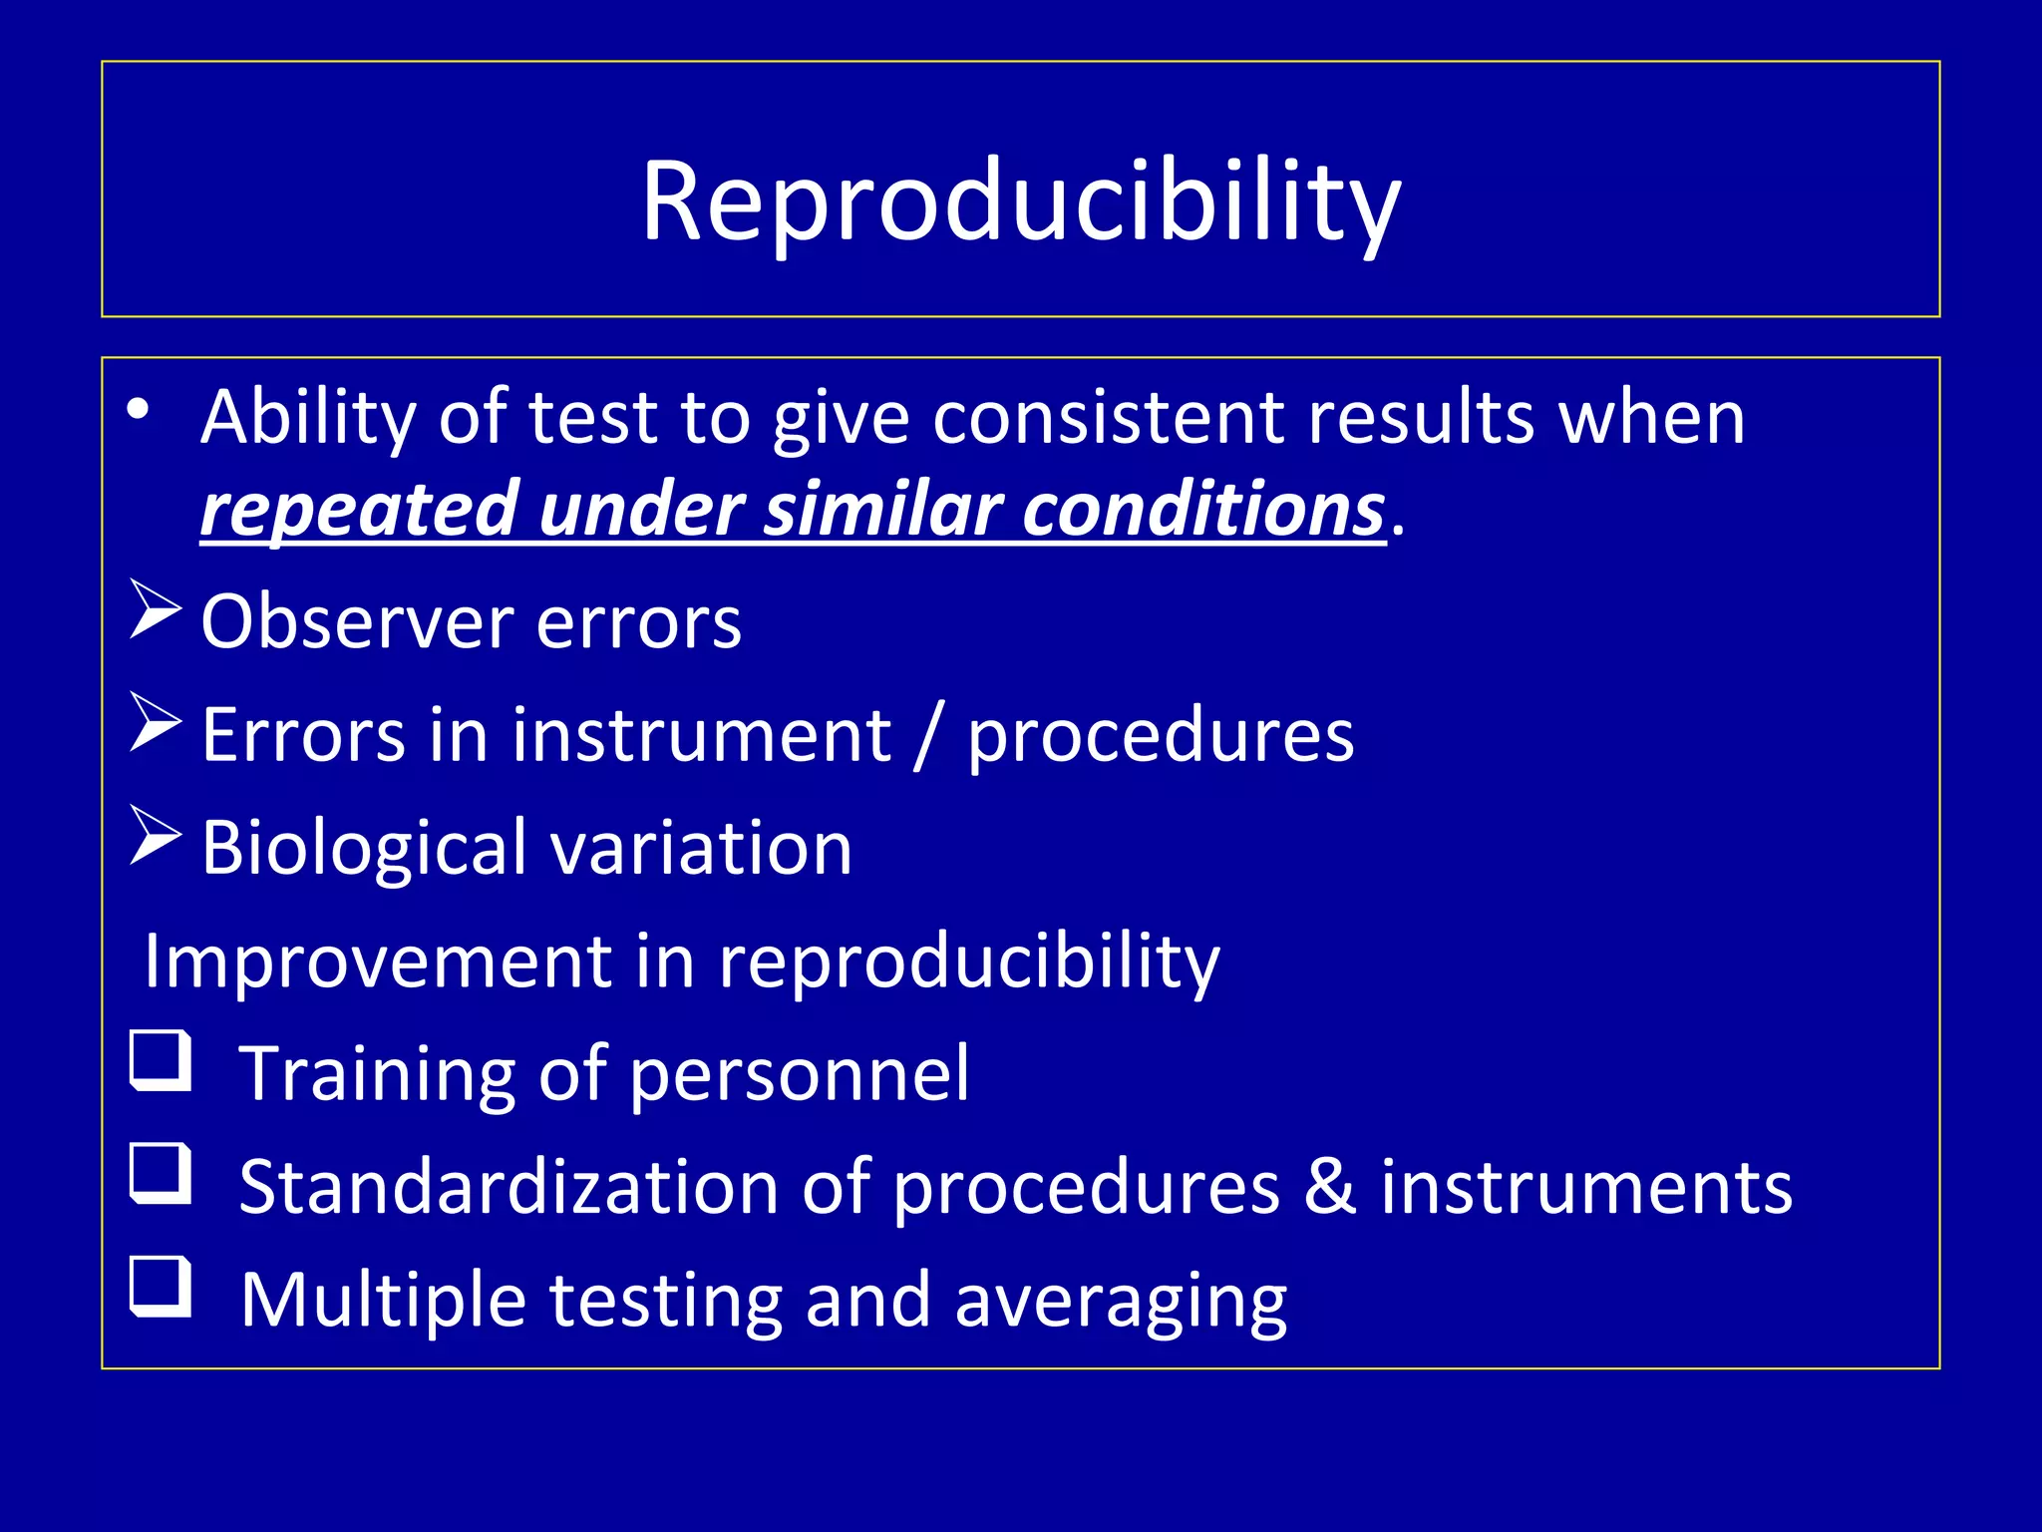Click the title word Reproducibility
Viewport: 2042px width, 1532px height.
tap(1020, 202)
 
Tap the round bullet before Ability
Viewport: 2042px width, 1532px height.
tap(138, 410)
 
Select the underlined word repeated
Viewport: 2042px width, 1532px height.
tap(359, 510)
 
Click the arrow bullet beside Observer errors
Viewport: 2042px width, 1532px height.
tap(156, 610)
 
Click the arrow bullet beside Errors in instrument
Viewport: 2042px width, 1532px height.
tap(156, 723)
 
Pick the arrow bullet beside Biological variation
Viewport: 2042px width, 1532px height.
tap(156, 836)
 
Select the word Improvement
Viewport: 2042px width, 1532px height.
tap(377, 961)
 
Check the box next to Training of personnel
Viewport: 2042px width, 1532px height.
tap(161, 1060)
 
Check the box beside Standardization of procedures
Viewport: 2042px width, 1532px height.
tap(161, 1173)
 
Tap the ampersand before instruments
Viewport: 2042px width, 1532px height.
tap(1330, 1187)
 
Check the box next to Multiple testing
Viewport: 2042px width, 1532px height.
tap(161, 1287)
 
